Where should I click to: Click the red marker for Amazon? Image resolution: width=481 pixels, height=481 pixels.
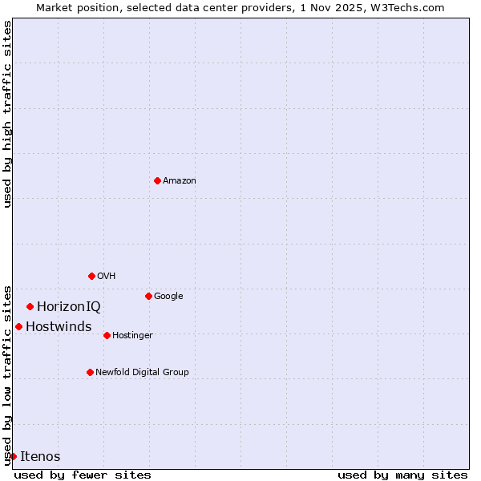point(157,180)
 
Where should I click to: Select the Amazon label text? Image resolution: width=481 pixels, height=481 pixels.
point(180,181)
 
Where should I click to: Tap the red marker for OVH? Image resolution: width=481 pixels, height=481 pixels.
point(91,276)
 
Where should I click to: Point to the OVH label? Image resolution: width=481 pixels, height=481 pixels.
point(107,277)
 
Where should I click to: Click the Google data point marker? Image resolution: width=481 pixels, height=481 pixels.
point(148,296)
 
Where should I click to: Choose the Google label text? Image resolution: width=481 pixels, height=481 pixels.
point(168,297)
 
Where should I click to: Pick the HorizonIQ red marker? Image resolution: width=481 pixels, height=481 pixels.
point(30,306)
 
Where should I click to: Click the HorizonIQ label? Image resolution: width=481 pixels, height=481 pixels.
point(69,307)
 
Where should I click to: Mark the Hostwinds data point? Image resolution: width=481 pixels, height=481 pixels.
point(18,326)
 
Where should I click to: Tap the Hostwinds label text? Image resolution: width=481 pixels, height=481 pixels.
point(59,327)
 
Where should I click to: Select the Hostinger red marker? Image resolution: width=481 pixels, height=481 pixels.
point(107,335)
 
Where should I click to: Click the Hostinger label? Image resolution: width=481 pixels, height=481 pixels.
point(132,336)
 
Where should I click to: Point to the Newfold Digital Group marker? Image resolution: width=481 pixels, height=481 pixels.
point(90,372)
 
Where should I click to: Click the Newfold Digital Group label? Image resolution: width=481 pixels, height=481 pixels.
point(142,373)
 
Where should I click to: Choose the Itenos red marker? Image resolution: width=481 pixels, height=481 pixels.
point(13,456)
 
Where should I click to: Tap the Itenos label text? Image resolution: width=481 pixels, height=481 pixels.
point(40,457)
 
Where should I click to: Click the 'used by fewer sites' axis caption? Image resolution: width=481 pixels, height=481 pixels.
point(83,475)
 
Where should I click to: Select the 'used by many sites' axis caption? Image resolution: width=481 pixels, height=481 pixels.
point(402,475)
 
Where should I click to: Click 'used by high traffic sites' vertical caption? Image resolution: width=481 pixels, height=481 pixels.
point(7,114)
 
